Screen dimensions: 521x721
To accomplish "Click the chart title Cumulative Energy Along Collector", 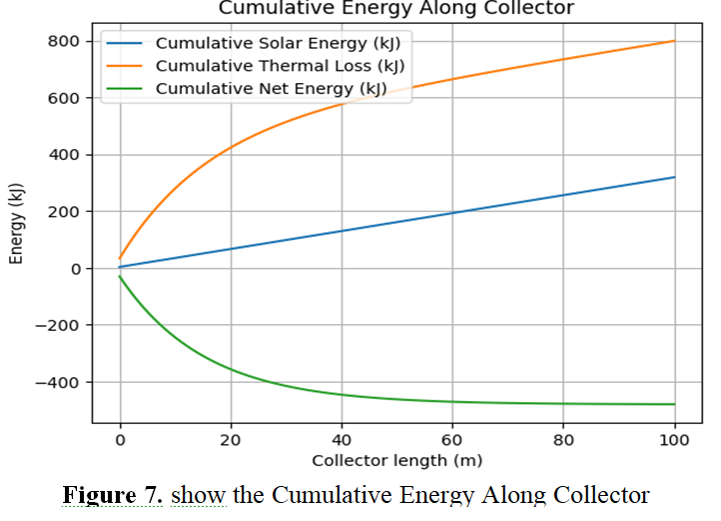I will coord(396,8).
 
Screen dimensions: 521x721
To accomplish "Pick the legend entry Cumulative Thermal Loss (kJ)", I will coord(283,66).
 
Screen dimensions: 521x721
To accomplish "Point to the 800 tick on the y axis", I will coord(65,41).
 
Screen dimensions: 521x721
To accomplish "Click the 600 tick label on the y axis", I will coord(65,98).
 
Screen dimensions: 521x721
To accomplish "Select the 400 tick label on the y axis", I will coord(65,155).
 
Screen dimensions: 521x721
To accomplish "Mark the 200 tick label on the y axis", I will coord(65,212).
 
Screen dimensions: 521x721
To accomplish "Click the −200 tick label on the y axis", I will coord(59,326).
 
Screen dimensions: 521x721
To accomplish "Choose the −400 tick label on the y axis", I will coord(59,383).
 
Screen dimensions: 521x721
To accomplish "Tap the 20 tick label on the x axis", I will coord(231,439).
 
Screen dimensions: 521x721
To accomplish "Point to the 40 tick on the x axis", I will coord(342,439).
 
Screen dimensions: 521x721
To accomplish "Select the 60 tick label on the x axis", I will coord(452,439).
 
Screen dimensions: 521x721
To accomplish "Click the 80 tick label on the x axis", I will coord(563,439).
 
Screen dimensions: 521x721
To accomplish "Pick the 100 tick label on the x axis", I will coord(675,439).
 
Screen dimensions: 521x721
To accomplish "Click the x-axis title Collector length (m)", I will coord(396,460).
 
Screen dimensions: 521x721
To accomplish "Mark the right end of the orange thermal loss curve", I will coord(675,41).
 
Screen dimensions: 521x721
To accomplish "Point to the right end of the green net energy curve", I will coord(675,404).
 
